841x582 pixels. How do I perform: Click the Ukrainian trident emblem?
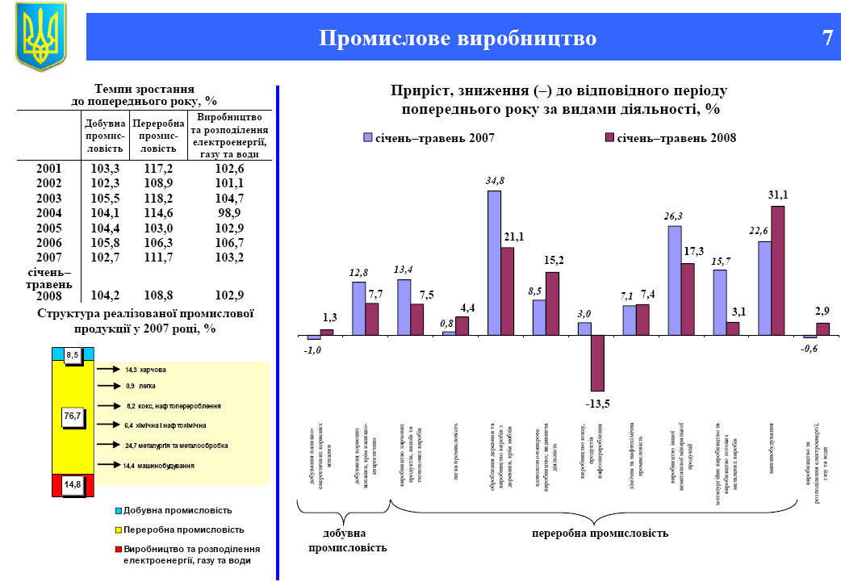pyautogui.click(x=40, y=36)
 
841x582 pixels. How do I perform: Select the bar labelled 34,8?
pyautogui.click(x=494, y=262)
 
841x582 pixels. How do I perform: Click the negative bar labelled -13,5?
pyautogui.click(x=597, y=362)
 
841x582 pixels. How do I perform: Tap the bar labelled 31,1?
pyautogui.click(x=778, y=270)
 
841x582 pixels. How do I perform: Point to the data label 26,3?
pyautogui.click(x=674, y=216)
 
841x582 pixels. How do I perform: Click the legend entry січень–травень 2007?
pyautogui.click(x=429, y=138)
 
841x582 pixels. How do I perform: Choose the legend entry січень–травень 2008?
pyautogui.click(x=671, y=138)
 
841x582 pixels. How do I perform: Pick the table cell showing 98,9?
pyautogui.click(x=230, y=213)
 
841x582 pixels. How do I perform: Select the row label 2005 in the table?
pyautogui.click(x=48, y=228)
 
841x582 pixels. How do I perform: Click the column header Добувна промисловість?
pyautogui.click(x=106, y=136)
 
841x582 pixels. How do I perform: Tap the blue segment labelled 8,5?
pyautogui.click(x=73, y=354)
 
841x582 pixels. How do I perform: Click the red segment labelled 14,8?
pyautogui.click(x=73, y=484)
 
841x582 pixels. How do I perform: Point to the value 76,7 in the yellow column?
pyautogui.click(x=73, y=416)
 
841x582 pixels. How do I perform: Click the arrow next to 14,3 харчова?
pyautogui.click(x=107, y=370)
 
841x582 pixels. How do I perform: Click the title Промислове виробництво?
pyautogui.click(x=458, y=39)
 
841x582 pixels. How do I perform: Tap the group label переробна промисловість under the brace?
pyautogui.click(x=600, y=534)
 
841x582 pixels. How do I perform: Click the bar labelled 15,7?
pyautogui.click(x=720, y=302)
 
